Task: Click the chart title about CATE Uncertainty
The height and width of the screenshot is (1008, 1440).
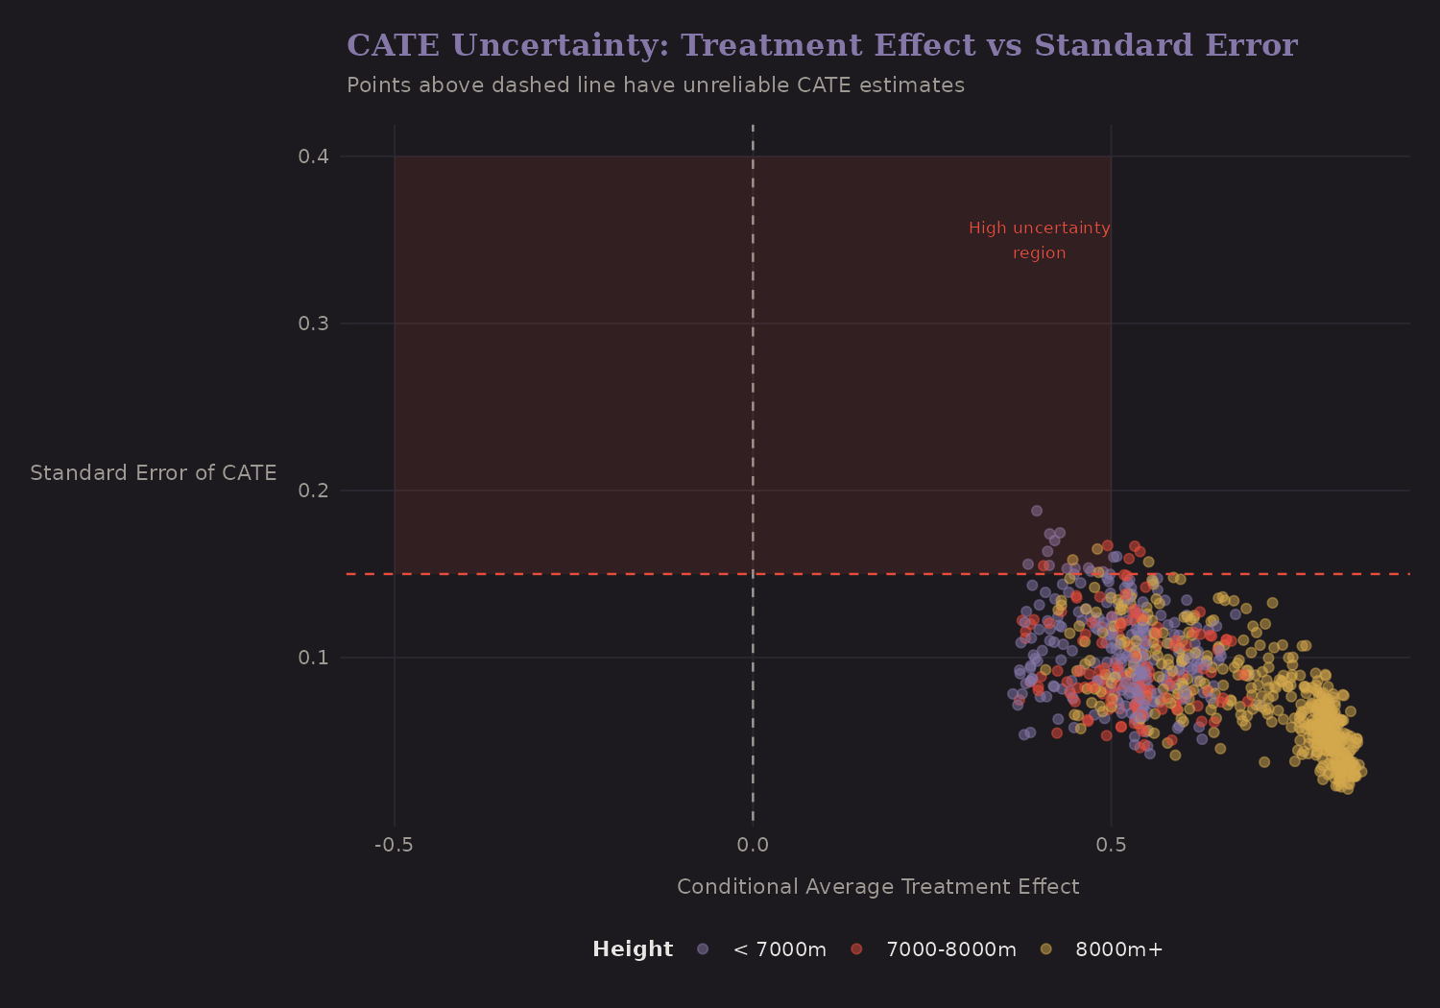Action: (822, 45)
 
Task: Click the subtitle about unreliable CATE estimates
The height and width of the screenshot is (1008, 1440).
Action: (655, 85)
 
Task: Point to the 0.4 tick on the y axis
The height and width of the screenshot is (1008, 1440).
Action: (313, 156)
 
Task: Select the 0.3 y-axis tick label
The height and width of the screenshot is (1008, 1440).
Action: (313, 324)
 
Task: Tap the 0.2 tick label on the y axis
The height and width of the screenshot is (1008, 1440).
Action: (313, 491)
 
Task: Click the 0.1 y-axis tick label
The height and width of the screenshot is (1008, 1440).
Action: (313, 658)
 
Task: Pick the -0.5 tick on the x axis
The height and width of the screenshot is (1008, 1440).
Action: (394, 845)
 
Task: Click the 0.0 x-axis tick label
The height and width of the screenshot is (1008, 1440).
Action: (753, 845)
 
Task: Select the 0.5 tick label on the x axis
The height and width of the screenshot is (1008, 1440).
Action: (1111, 845)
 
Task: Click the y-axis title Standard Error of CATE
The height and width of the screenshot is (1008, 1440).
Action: (154, 473)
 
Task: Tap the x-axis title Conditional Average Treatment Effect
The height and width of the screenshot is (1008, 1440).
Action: (877, 887)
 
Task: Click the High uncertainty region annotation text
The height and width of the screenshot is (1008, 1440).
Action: (1039, 240)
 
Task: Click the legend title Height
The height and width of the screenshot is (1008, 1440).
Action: (633, 949)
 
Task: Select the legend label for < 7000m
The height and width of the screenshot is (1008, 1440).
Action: (780, 949)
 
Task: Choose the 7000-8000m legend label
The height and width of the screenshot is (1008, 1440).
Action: (950, 949)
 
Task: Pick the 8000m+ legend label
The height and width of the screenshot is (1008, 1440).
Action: (1118, 949)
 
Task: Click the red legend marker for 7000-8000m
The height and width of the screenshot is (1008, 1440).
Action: (856, 949)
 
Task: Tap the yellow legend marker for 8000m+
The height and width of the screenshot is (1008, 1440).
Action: (1045, 949)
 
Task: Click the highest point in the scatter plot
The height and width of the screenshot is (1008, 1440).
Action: (1036, 511)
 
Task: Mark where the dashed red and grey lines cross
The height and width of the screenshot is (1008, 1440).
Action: (753, 574)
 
